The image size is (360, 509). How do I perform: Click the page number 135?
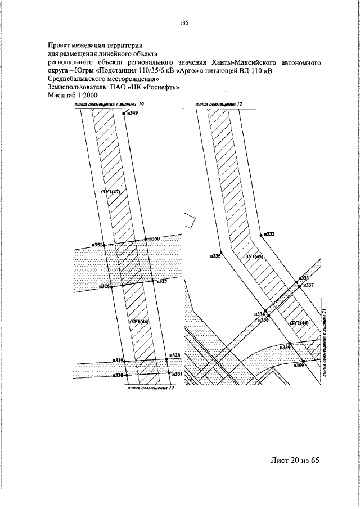183,23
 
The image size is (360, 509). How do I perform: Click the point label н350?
154,239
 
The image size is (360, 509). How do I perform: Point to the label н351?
98,245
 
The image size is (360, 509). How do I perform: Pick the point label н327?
161,281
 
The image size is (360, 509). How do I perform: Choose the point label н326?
104,286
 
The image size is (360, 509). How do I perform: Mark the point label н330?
118,375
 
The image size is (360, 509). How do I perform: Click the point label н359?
299,366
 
